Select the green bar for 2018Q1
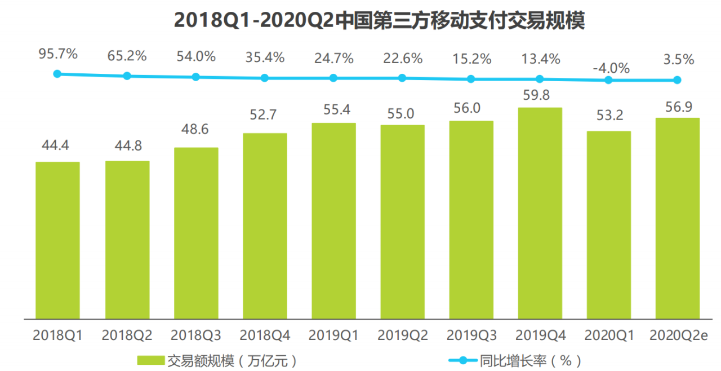[57, 240]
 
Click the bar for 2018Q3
[195, 232]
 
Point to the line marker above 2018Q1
[57, 73]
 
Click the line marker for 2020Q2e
[677, 80]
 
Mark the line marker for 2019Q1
[333, 78]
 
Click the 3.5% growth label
[678, 59]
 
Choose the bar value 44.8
[127, 145]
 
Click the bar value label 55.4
[333, 111]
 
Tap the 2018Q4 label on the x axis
[265, 335]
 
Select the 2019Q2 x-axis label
[403, 335]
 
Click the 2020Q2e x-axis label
[678, 335]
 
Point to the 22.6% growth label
[403, 58]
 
